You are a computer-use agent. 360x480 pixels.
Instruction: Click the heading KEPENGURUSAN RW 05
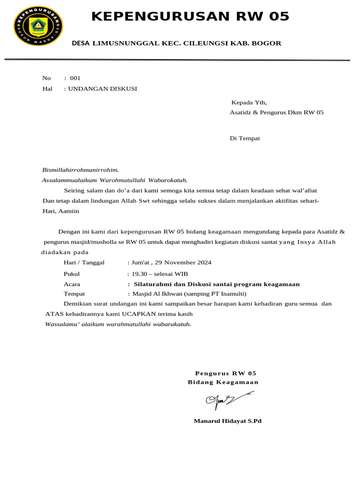click(190, 17)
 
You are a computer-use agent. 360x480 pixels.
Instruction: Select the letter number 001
click(75, 78)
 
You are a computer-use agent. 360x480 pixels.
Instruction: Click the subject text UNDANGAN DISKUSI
click(103, 88)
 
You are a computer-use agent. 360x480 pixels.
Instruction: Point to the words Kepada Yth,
click(249, 102)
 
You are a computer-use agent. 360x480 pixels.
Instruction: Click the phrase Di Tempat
click(245, 138)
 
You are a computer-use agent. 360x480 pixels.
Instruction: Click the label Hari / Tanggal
click(84, 262)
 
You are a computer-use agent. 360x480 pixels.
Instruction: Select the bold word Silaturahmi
click(155, 284)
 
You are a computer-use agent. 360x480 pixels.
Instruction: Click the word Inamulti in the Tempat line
click(229, 294)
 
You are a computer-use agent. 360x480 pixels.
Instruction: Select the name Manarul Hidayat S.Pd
click(228, 421)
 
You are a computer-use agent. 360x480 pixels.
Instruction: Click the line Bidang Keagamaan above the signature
click(223, 382)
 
